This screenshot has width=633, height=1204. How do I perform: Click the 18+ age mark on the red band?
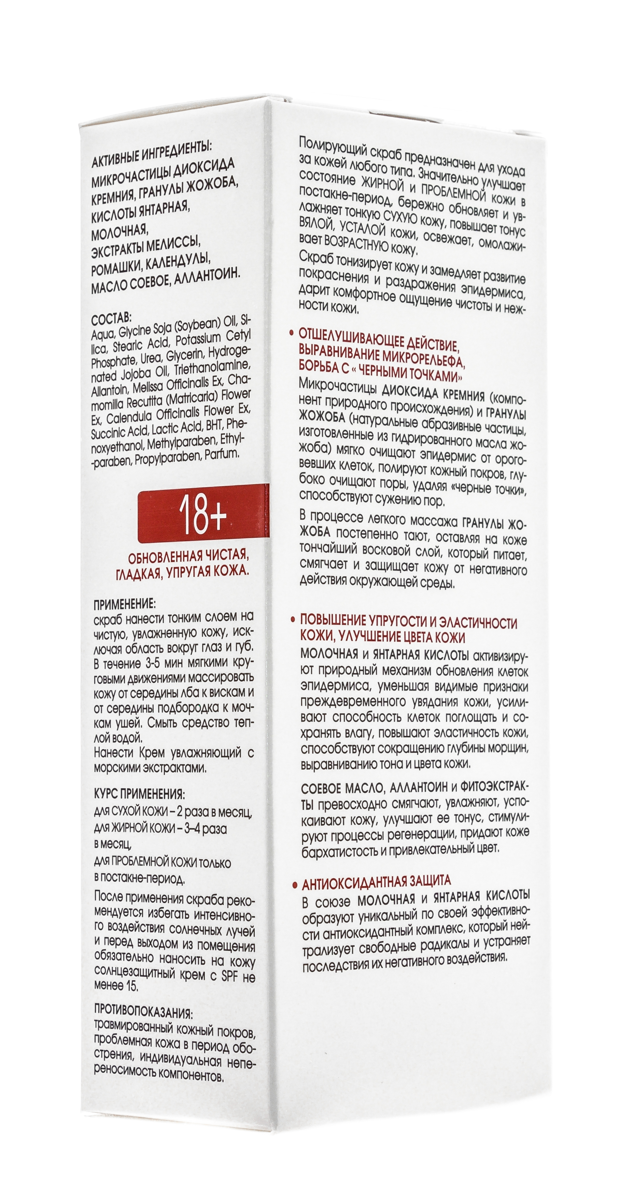coord(202,516)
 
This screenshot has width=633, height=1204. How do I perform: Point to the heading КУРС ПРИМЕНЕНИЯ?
coord(139,794)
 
